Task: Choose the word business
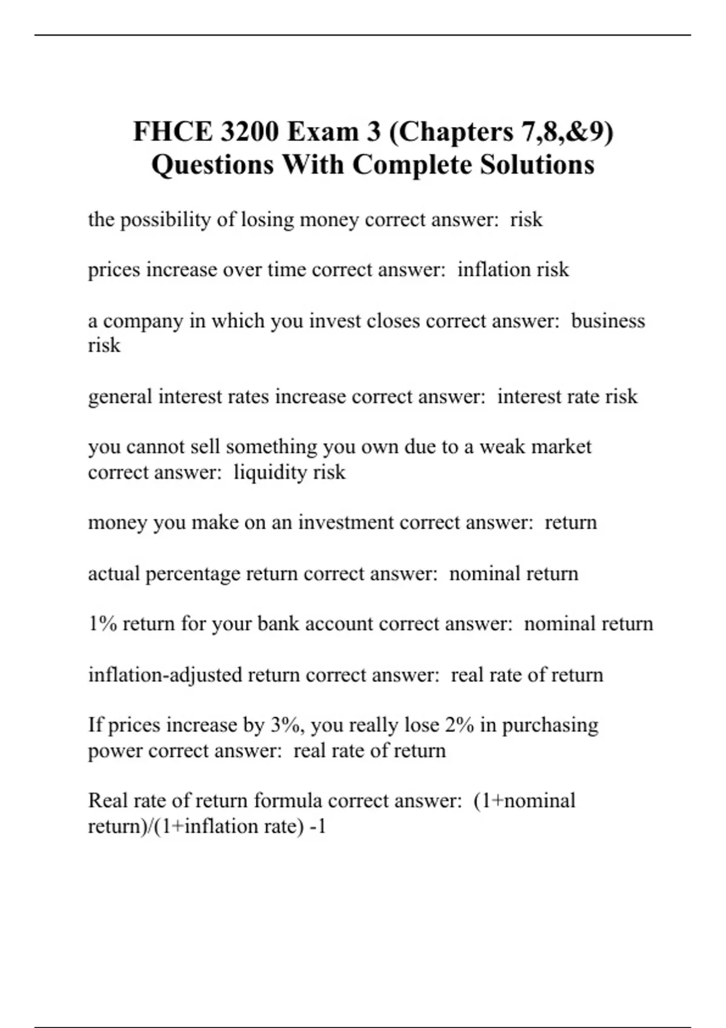(607, 320)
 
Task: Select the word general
(120, 397)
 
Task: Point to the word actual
(114, 573)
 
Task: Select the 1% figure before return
(102, 623)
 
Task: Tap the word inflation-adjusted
(165, 675)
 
